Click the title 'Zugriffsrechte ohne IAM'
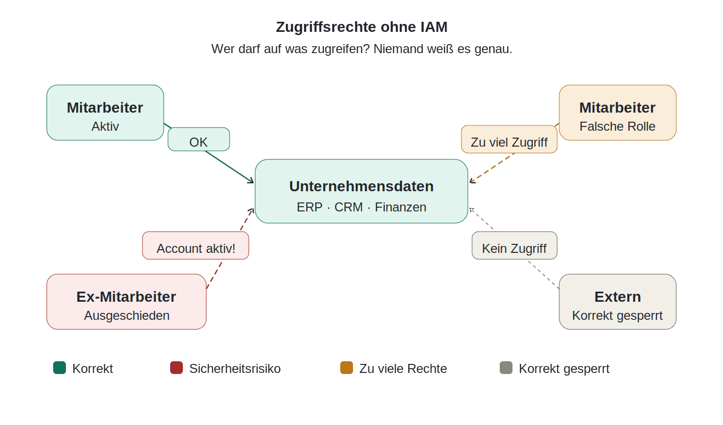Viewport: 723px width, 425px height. point(361,27)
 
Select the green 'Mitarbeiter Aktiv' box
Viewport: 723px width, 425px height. point(105,113)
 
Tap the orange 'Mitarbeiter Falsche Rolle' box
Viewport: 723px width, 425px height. point(617,113)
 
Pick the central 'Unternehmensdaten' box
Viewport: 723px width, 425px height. point(361,191)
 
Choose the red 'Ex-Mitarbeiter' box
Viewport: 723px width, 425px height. point(127,302)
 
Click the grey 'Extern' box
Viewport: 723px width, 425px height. point(617,302)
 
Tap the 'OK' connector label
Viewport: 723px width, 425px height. point(199,139)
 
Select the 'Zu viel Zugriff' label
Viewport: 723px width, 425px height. point(509,139)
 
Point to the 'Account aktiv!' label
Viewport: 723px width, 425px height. point(196,245)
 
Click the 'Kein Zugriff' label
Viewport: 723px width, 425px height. point(515,245)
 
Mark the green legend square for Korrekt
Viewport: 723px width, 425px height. point(60,368)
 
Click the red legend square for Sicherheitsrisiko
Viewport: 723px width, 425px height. point(176,368)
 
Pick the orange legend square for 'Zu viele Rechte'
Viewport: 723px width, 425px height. point(347,368)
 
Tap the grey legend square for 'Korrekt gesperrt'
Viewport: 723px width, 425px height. point(506,368)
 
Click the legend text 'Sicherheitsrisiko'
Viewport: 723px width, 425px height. point(235,369)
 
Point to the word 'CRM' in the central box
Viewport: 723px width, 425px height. point(349,207)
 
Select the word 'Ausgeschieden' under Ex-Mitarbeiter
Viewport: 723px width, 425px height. point(127,316)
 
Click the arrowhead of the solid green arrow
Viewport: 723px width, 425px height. point(251,181)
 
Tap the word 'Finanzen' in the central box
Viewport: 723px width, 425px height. point(400,207)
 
